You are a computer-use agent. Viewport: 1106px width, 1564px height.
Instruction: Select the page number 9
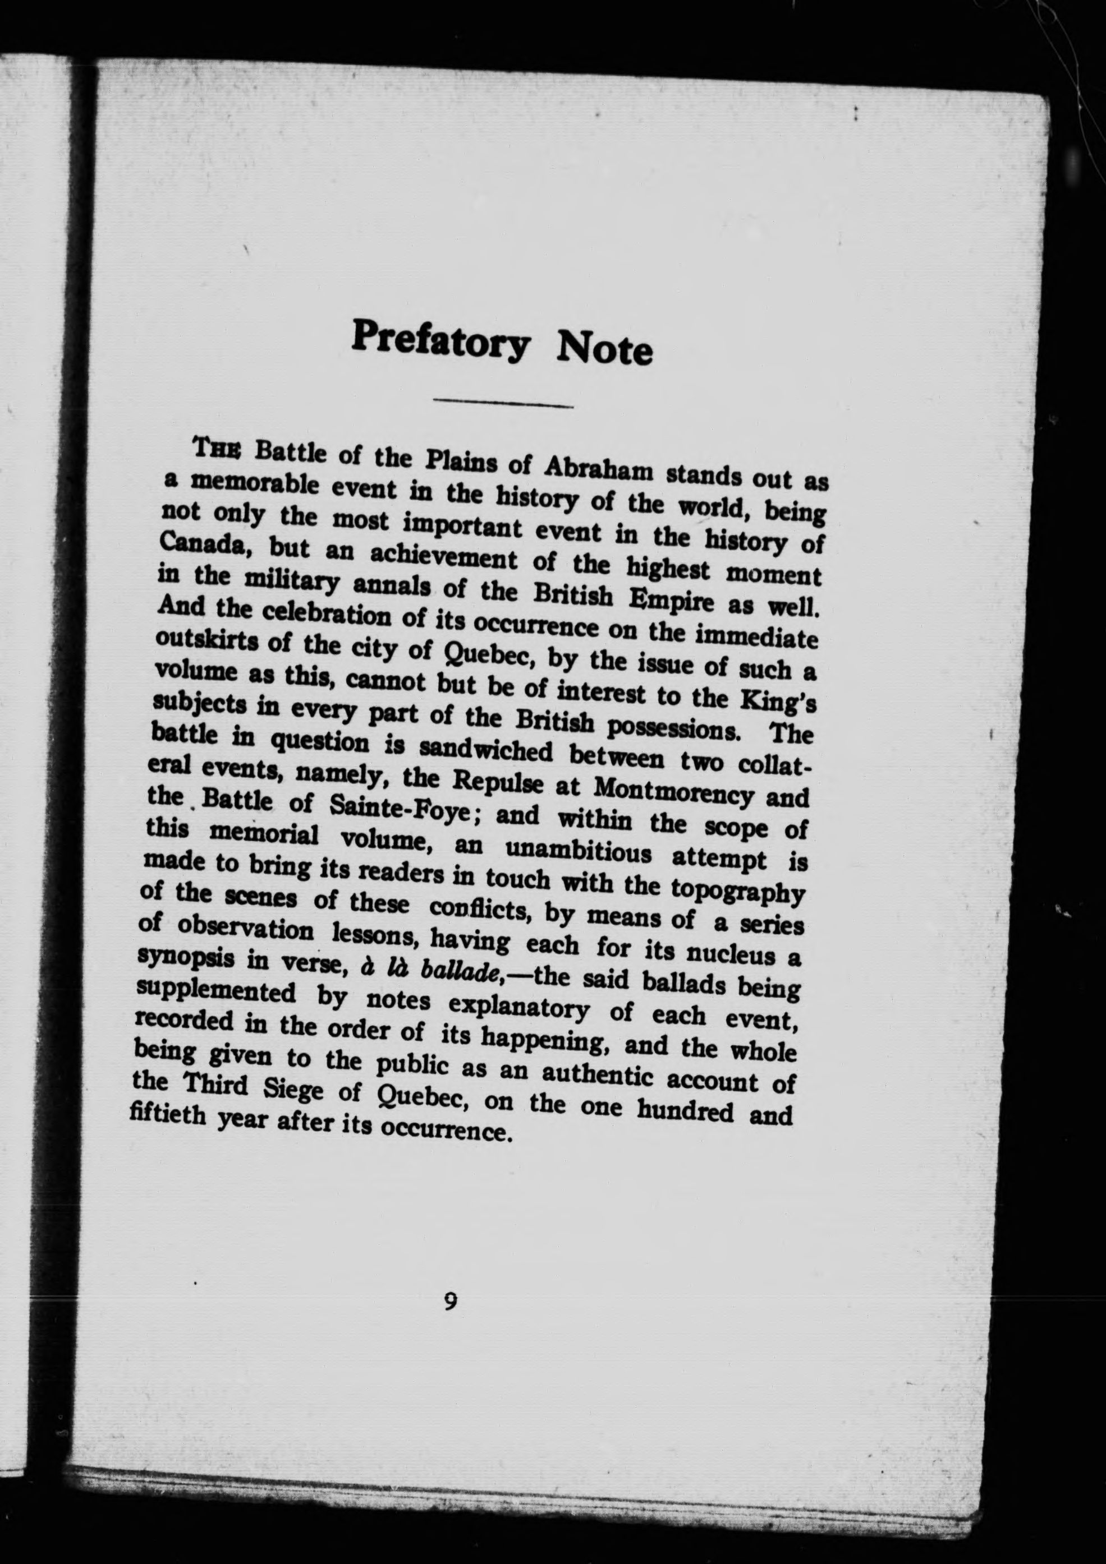click(450, 1302)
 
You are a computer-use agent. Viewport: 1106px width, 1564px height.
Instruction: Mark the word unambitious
click(578, 851)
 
